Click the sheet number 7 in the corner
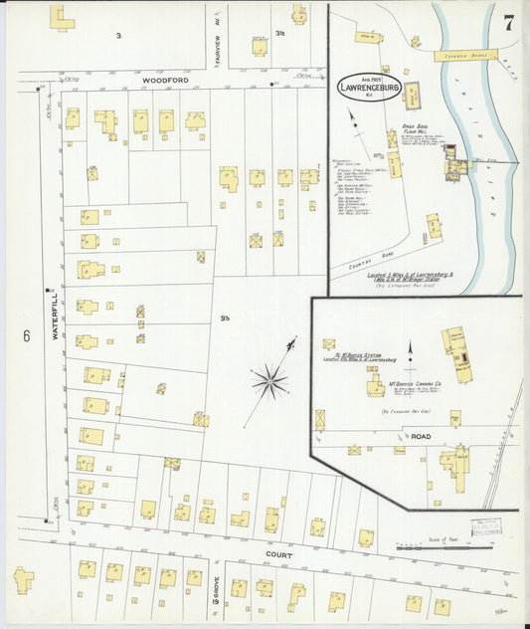tap(508, 25)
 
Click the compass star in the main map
tap(268, 380)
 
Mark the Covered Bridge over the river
tap(462, 48)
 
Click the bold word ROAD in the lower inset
tap(422, 436)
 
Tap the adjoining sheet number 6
tap(26, 335)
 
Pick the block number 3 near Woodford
tap(118, 35)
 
